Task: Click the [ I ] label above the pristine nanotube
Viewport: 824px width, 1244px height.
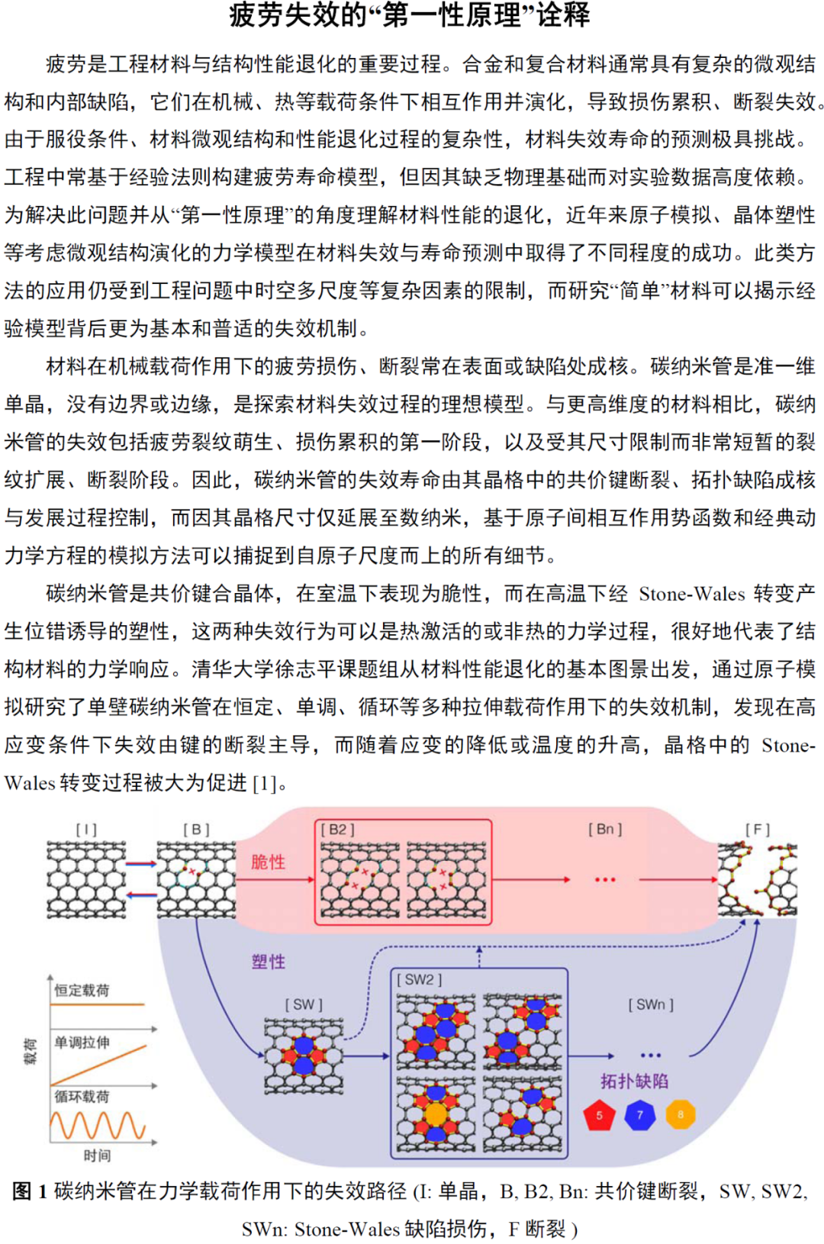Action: [86, 830]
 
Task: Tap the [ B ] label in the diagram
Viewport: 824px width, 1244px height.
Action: [196, 830]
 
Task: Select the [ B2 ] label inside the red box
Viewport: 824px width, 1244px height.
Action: [337, 830]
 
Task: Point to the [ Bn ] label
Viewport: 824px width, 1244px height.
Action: [605, 829]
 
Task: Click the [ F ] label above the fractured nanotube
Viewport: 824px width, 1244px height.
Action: [758, 830]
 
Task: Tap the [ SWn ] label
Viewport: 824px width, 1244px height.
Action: [651, 1004]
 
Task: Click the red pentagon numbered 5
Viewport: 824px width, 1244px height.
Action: [599, 1115]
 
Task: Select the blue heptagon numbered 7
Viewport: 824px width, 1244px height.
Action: [639, 1115]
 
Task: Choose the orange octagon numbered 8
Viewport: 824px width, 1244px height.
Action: [681, 1114]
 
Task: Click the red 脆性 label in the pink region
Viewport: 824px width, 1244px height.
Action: [269, 862]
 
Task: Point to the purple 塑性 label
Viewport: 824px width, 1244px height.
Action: [269, 962]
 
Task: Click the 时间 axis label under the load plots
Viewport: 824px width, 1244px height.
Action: [97, 1155]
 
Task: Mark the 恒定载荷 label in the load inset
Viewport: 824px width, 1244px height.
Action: [82, 990]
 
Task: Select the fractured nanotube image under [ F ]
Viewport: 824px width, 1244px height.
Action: [758, 879]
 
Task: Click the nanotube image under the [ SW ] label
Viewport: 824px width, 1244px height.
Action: [304, 1056]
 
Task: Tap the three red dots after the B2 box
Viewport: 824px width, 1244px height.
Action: [605, 880]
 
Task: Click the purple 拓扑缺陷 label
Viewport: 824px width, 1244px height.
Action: [634, 1081]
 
